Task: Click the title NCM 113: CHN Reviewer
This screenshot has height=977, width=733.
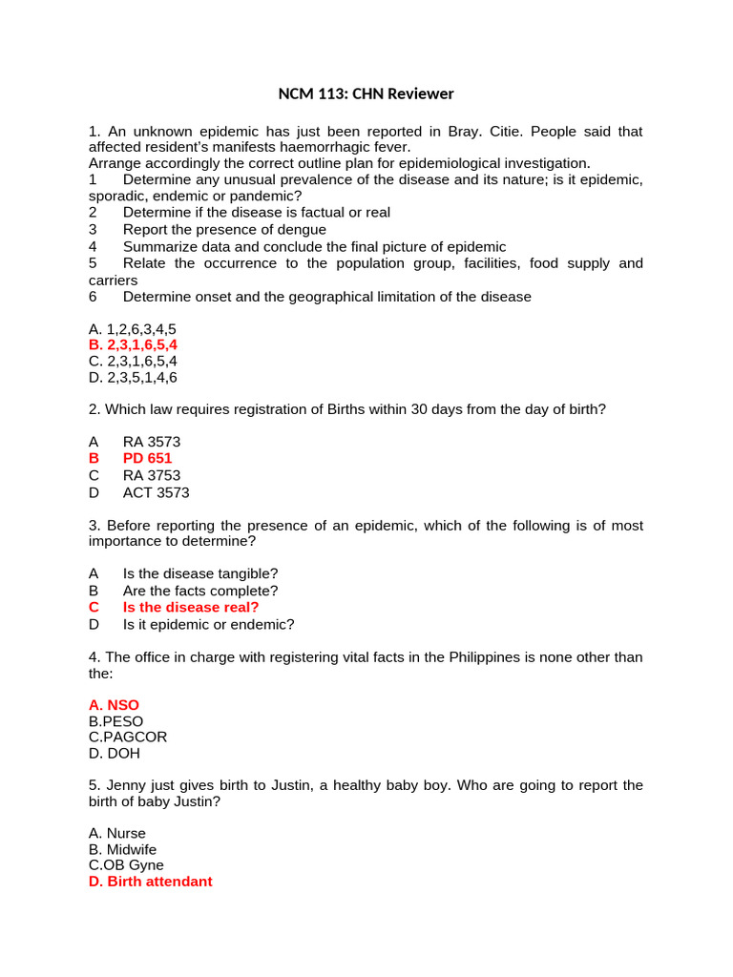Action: (366, 94)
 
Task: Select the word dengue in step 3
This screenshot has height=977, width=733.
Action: (301, 229)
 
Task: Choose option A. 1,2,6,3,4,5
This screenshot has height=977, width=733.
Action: (132, 329)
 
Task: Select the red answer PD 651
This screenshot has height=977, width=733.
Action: (147, 459)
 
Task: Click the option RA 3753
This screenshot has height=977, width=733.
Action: (151, 475)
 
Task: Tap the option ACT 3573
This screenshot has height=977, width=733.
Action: (156, 492)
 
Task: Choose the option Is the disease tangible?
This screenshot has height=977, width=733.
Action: (200, 573)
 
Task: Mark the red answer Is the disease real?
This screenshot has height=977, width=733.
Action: (191, 607)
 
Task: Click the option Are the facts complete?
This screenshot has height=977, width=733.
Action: (200, 591)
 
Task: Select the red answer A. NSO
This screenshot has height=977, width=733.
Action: (114, 705)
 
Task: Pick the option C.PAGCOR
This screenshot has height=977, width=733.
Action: (127, 737)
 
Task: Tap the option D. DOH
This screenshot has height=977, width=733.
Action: (114, 753)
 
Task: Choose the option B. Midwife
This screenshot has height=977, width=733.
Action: (122, 849)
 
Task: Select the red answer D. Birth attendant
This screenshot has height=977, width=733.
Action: (150, 882)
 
